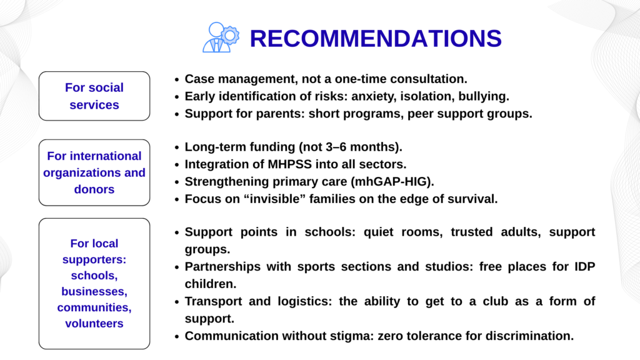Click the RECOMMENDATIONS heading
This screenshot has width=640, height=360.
[376, 38]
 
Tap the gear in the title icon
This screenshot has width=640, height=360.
[230, 36]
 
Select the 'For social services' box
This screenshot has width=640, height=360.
[94, 96]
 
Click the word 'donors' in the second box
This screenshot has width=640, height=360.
[94, 189]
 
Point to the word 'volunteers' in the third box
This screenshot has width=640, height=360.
[94, 323]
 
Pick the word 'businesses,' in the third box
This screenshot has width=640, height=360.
[94, 291]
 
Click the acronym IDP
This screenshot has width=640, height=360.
[585, 266]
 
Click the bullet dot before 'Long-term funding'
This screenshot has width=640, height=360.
[177, 147]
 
